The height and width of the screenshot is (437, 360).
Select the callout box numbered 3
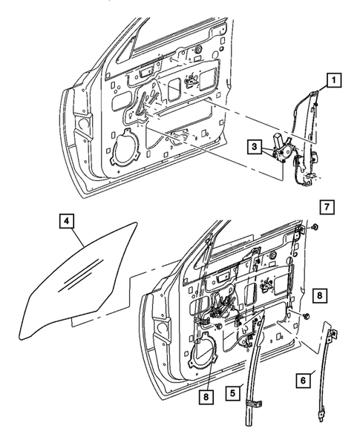[x=254, y=148]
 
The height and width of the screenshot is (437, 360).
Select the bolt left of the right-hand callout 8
[x=304, y=317]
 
